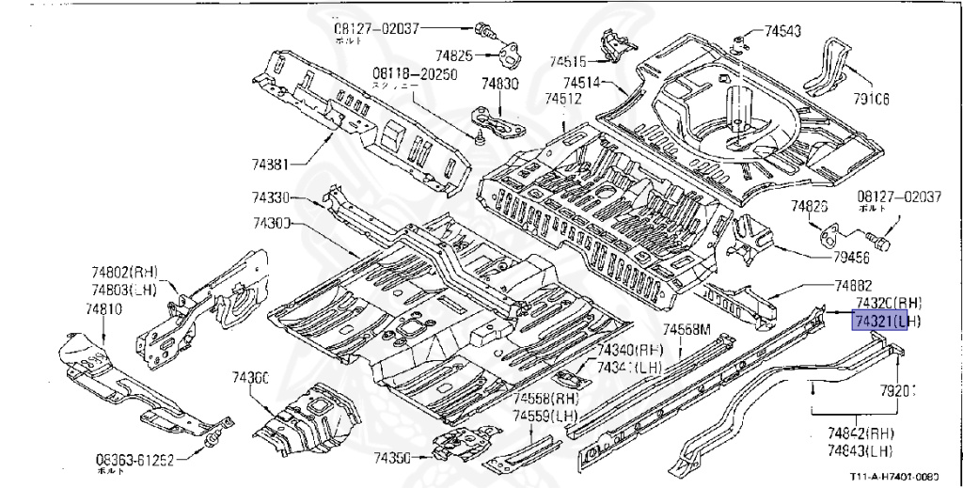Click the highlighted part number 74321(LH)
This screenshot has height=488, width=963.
tap(887, 322)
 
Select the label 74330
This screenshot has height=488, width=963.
tap(271, 197)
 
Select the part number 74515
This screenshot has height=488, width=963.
tap(570, 61)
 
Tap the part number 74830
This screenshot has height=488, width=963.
tap(499, 84)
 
